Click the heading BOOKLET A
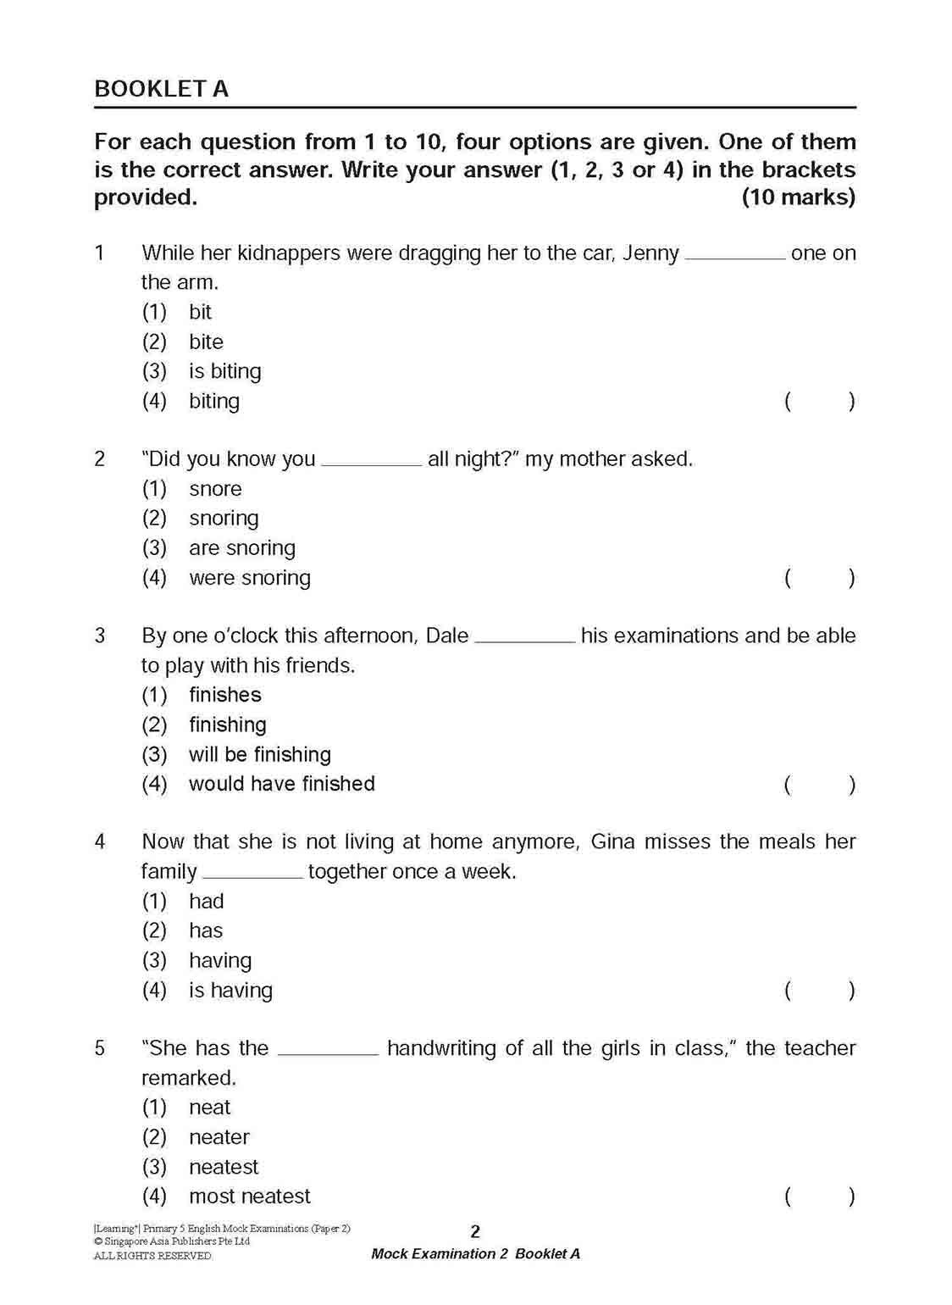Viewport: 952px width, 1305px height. click(161, 89)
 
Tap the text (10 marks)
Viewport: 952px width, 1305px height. click(798, 197)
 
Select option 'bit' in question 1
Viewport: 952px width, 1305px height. click(200, 312)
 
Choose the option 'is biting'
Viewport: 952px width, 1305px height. click(224, 371)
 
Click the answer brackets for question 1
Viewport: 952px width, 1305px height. click(819, 402)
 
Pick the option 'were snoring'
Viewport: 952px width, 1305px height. click(249, 578)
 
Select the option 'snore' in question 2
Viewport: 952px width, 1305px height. click(215, 489)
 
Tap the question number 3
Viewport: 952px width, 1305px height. click(100, 636)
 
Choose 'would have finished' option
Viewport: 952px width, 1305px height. click(281, 784)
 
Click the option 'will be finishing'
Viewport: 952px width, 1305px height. click(259, 754)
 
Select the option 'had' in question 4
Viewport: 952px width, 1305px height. click(206, 901)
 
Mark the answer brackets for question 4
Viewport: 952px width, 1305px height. click(819, 991)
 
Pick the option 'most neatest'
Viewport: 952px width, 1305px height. click(249, 1197)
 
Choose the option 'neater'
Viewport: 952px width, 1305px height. click(219, 1137)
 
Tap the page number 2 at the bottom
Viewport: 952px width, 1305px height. click(475, 1231)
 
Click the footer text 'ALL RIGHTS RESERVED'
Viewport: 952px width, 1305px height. click(152, 1256)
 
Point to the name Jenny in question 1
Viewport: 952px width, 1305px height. click(650, 253)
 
